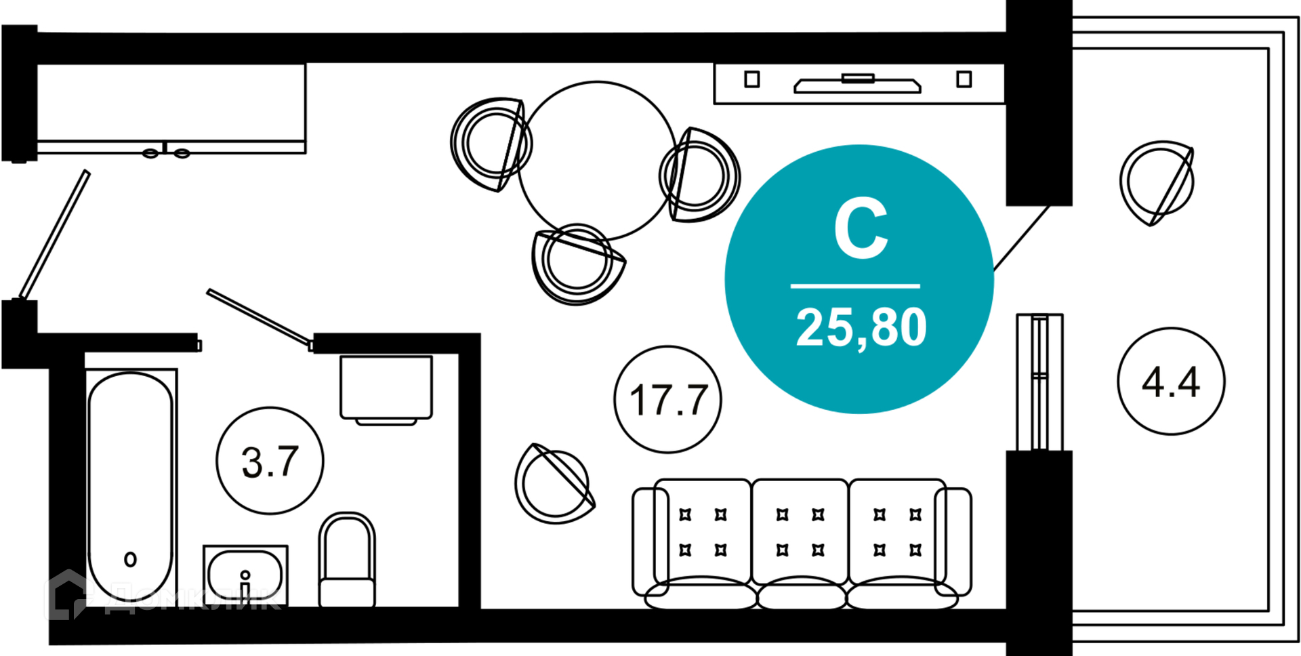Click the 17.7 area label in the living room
(x=668, y=400)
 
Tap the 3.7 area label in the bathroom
(x=270, y=462)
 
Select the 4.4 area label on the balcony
(x=1171, y=382)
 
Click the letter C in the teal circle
(x=861, y=228)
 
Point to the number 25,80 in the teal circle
(x=861, y=328)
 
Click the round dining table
(x=597, y=161)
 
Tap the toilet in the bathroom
(x=347, y=560)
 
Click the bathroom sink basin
(x=245, y=575)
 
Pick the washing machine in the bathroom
(x=386, y=390)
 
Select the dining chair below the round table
(x=577, y=264)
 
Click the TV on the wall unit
(x=858, y=83)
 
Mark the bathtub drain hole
(x=131, y=559)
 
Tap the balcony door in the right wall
(x=1039, y=382)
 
